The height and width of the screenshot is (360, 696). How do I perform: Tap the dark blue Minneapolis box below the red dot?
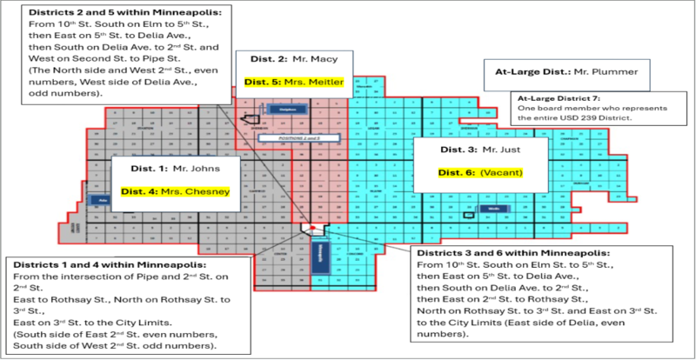319,256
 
